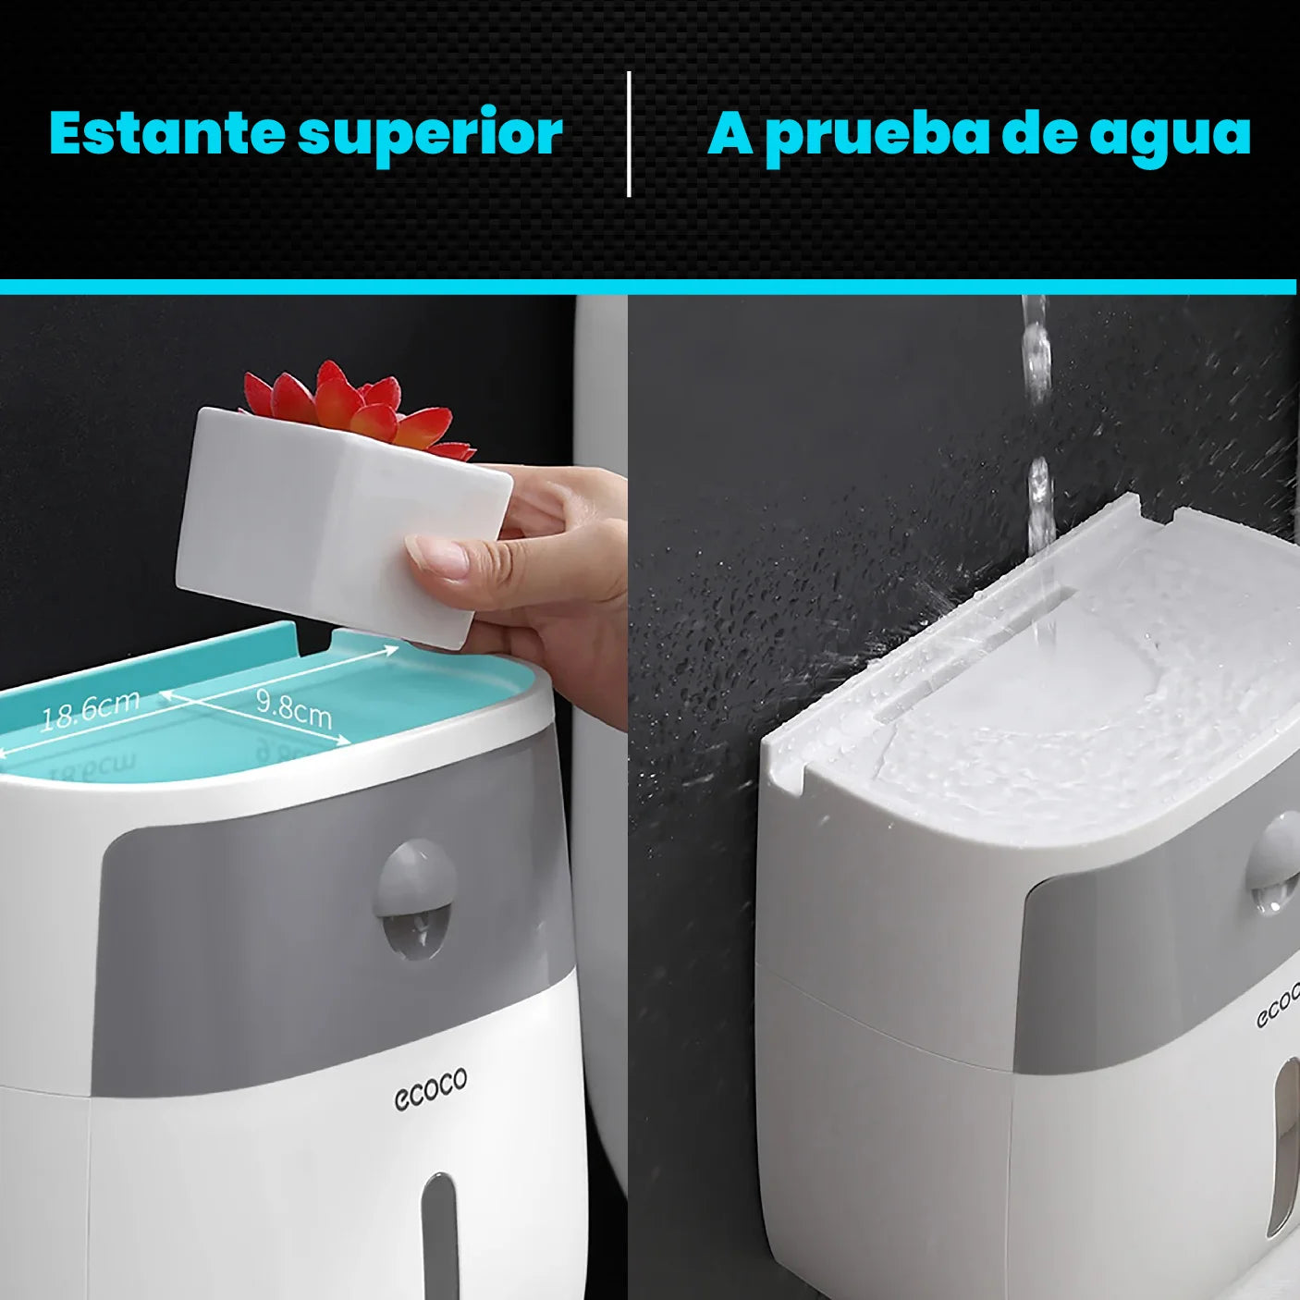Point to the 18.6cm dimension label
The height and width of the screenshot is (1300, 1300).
90,710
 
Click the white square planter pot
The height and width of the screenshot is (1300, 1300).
343,526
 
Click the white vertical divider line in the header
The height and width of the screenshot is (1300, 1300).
630,134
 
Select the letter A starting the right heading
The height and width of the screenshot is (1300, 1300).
730,133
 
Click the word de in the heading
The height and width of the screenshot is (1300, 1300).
1040,133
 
